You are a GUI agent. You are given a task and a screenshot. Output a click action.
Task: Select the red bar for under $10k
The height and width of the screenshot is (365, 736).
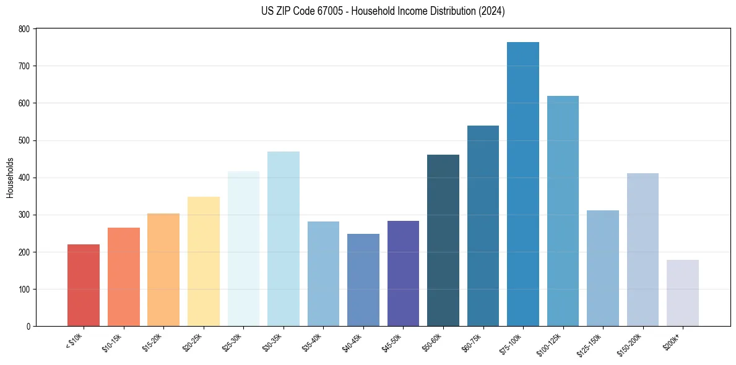pos(84,285)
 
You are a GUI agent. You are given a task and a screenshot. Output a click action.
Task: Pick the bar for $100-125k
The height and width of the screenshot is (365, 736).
pos(563,211)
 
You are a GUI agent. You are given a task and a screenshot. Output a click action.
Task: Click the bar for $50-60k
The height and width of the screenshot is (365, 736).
pos(443,241)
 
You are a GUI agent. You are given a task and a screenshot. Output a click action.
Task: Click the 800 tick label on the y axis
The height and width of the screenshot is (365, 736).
pos(24,29)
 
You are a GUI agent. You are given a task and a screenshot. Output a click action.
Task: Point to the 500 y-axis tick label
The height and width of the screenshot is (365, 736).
pos(24,140)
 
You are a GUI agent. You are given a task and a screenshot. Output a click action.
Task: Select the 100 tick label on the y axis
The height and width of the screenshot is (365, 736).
pos(24,290)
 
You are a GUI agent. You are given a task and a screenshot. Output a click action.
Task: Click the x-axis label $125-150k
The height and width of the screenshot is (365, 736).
pos(591,342)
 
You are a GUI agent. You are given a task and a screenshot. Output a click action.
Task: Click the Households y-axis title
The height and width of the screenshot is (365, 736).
pos(10,178)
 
